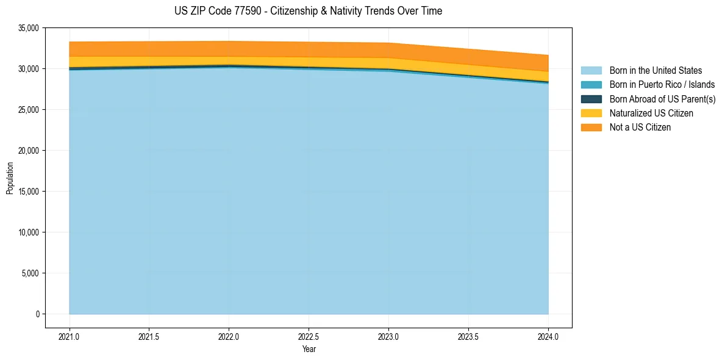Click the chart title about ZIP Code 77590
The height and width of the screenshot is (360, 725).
pos(308,11)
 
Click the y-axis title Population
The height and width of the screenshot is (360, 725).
pos(10,178)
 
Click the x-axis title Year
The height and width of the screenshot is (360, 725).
pos(309,349)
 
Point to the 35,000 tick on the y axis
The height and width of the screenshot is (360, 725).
pos(29,28)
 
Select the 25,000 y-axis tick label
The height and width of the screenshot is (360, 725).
pos(29,110)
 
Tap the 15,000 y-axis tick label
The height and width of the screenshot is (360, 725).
pos(29,192)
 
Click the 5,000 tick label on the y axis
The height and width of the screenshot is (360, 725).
pos(30,273)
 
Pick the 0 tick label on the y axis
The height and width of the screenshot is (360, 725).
pos(37,314)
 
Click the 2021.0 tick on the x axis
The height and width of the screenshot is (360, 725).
pos(70,336)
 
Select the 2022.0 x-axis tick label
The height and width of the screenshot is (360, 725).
pos(229,336)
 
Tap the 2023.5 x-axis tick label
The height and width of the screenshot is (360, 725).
pos(468,336)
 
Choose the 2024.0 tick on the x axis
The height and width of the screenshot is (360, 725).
pos(548,336)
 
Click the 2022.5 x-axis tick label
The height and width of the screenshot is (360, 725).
pos(309,336)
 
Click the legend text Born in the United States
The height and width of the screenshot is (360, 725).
pos(655,71)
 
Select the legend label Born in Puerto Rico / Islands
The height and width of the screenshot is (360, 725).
pos(662,85)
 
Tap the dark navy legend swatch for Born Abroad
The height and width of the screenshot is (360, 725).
pos(591,99)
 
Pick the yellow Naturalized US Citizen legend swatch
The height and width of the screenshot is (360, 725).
pos(591,113)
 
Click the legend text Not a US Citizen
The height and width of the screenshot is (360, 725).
pos(640,128)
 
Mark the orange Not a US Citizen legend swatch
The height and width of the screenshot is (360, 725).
pos(591,127)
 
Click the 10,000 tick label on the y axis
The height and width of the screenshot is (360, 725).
pos(29,232)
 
